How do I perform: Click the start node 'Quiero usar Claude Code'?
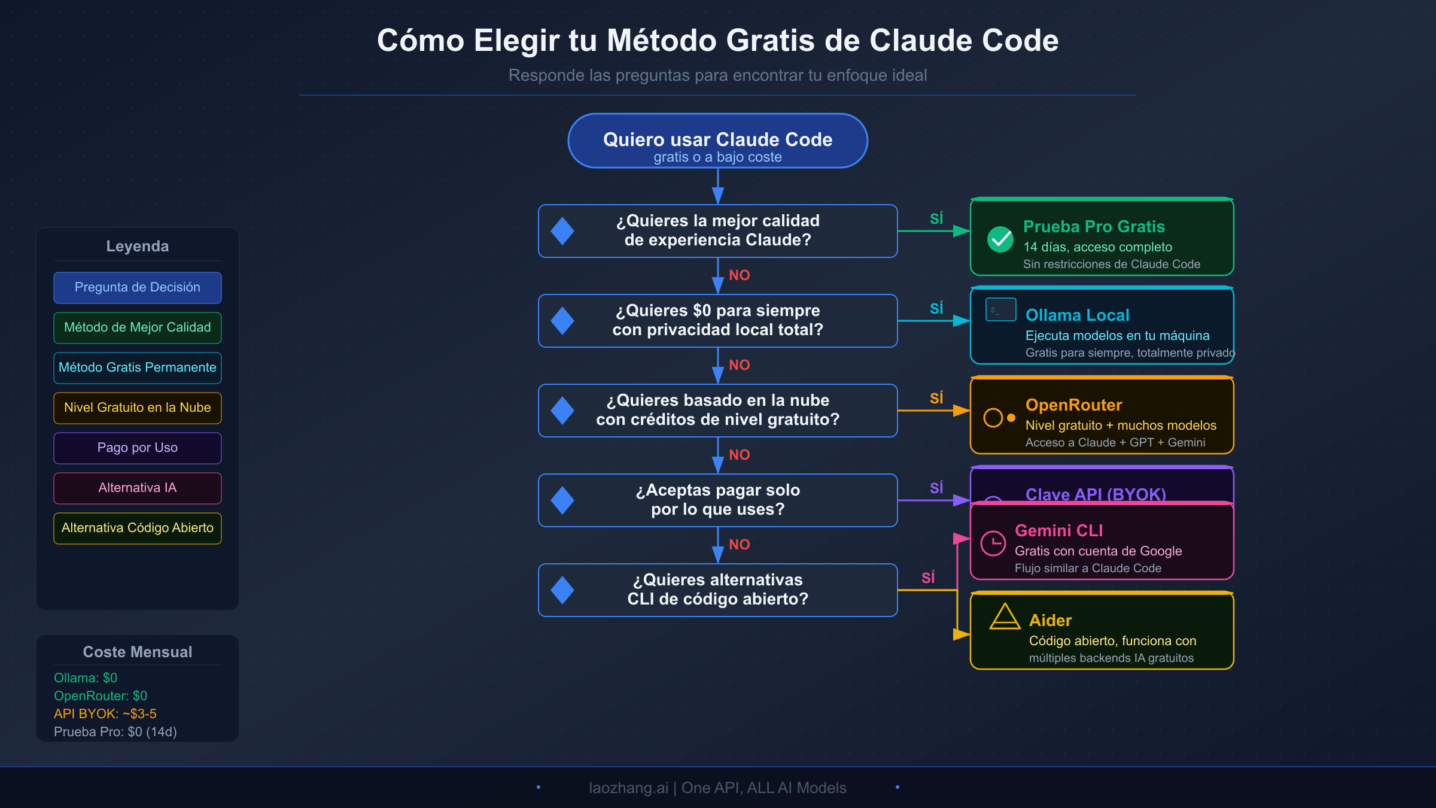tap(717, 141)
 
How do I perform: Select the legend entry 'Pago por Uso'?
tap(137, 448)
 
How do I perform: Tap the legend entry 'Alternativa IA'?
tap(137, 488)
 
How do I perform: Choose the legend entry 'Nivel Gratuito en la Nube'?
tap(137, 408)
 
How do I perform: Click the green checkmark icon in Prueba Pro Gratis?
tap(1000, 239)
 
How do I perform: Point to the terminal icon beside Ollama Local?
tap(1000, 309)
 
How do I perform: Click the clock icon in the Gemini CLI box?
tap(993, 543)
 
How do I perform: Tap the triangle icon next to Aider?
tap(1005, 617)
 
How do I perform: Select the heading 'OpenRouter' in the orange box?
tap(1073, 405)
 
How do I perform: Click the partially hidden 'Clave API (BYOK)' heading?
tap(1095, 494)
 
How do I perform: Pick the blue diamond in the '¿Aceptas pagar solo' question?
tap(562, 500)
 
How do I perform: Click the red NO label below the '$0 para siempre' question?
tap(739, 365)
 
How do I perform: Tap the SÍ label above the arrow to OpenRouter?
tap(936, 398)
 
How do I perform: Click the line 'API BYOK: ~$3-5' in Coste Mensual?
tap(105, 714)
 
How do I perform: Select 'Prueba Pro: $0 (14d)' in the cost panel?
tap(115, 732)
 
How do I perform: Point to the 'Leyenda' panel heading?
tap(137, 247)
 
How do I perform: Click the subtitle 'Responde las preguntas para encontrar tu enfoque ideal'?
tap(717, 75)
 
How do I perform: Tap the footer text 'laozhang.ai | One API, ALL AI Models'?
tap(717, 788)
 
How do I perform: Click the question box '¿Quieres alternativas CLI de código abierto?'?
tap(717, 590)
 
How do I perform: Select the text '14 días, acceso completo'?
tap(1097, 247)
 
